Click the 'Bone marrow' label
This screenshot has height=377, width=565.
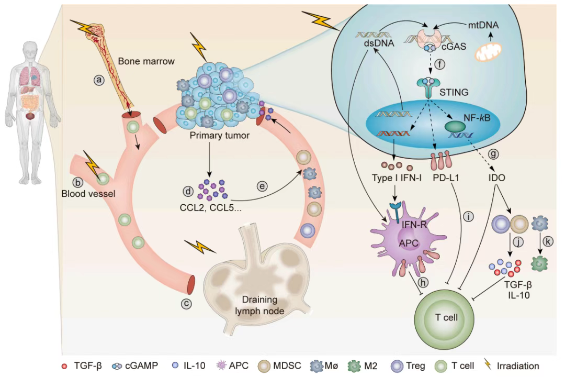coord(146,61)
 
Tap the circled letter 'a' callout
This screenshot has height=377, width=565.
coord(99,80)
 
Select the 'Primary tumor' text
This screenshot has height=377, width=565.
coord(219,136)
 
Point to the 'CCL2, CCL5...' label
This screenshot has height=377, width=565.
coord(210,208)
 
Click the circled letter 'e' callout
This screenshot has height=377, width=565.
coord(262,186)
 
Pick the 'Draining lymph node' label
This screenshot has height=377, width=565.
coord(260,305)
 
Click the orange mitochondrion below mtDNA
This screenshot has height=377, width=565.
coord(488,51)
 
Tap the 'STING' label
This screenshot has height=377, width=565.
coord(454,92)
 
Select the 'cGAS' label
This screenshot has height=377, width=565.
coord(454,47)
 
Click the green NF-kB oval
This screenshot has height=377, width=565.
coord(455,127)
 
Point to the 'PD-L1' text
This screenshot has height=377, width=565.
coord(446,178)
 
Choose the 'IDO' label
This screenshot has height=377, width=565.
coord(496,178)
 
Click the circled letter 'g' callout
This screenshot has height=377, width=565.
coord(493,154)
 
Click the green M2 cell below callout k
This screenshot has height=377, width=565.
coord(539,263)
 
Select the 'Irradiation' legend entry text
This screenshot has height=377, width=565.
coord(518,366)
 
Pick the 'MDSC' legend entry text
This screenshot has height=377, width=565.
coord(287,366)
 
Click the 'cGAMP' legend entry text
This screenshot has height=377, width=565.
coord(141,366)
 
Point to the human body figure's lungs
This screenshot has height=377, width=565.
coord(31,76)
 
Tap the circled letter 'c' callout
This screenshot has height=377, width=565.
coord(186,304)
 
